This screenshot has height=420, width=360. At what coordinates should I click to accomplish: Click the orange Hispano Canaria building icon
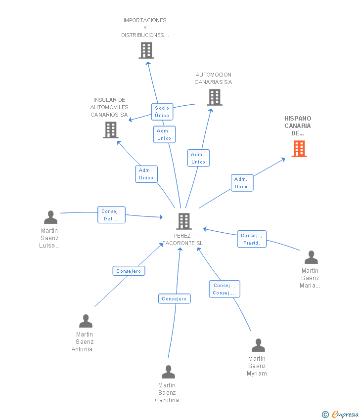[299, 149]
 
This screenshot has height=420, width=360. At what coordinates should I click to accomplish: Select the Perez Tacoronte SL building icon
[184, 221]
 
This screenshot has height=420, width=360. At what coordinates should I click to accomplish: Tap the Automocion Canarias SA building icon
[215, 97]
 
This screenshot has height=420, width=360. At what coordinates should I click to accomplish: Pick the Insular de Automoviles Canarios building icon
[111, 130]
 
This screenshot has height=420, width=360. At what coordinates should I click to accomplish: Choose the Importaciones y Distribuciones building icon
[146, 50]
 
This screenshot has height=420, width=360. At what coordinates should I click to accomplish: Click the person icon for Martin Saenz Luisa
[50, 217]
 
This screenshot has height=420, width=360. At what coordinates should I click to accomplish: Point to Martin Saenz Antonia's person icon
[86, 321]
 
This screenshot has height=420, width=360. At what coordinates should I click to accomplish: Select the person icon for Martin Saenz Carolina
[168, 372]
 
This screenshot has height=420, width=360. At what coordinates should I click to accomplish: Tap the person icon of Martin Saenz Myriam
[258, 345]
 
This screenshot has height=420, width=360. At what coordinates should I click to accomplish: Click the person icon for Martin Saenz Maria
[311, 257]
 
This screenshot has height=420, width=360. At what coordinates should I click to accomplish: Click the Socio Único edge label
[162, 112]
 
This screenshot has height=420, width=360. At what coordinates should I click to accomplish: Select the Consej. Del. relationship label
[111, 215]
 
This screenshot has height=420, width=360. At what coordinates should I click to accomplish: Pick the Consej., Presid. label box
[252, 239]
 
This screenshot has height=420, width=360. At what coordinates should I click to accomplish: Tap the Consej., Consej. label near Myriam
[224, 289]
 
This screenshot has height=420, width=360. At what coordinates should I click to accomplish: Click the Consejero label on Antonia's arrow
[129, 271]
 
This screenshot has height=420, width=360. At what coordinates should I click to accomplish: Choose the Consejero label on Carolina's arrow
[174, 298]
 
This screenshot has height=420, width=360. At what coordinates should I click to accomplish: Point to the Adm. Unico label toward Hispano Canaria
[242, 183]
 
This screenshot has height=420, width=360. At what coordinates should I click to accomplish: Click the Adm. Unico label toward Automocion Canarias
[198, 158]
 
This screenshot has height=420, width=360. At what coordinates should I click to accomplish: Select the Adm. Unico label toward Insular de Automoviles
[146, 174]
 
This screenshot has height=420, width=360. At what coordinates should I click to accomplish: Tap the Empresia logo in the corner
[341, 414]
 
